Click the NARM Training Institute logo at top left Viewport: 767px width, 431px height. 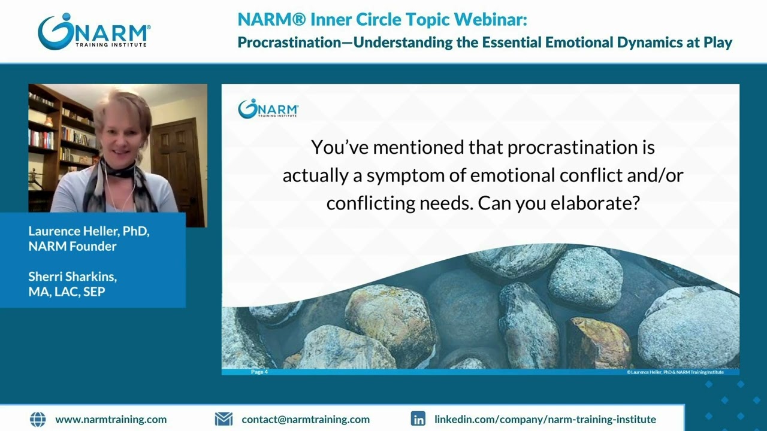click(x=93, y=32)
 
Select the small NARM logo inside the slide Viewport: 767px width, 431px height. click(x=268, y=109)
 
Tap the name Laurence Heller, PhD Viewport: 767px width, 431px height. click(x=89, y=231)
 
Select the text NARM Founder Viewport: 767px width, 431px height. click(x=72, y=246)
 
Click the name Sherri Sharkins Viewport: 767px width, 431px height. click(x=73, y=277)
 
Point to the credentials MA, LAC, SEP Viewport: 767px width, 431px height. click(x=67, y=292)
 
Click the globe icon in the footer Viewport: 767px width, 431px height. click(x=37, y=419)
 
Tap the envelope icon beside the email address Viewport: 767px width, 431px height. click(x=224, y=419)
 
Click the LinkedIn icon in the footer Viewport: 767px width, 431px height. click(x=418, y=419)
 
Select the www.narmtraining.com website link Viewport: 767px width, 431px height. click(x=111, y=420)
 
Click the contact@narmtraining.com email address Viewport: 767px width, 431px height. click(x=306, y=420)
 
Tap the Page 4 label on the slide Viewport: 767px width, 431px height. click(x=259, y=372)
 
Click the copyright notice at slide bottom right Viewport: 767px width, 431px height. click(x=675, y=372)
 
